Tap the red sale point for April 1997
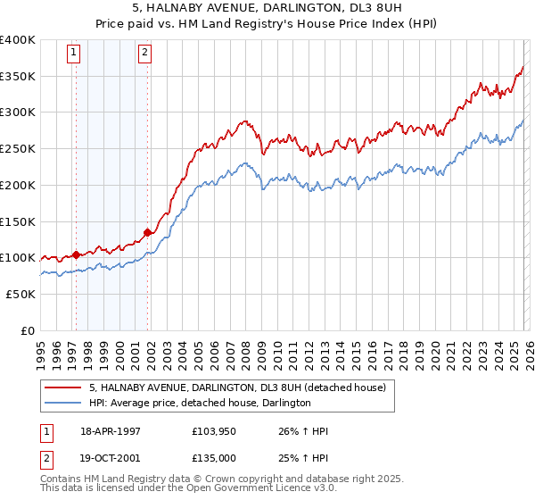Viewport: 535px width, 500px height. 76,254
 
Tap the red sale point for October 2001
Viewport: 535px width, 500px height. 147,232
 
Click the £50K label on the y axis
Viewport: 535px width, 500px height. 21,294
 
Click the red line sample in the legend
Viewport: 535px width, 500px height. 62,387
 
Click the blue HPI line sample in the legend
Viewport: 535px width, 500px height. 62,403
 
